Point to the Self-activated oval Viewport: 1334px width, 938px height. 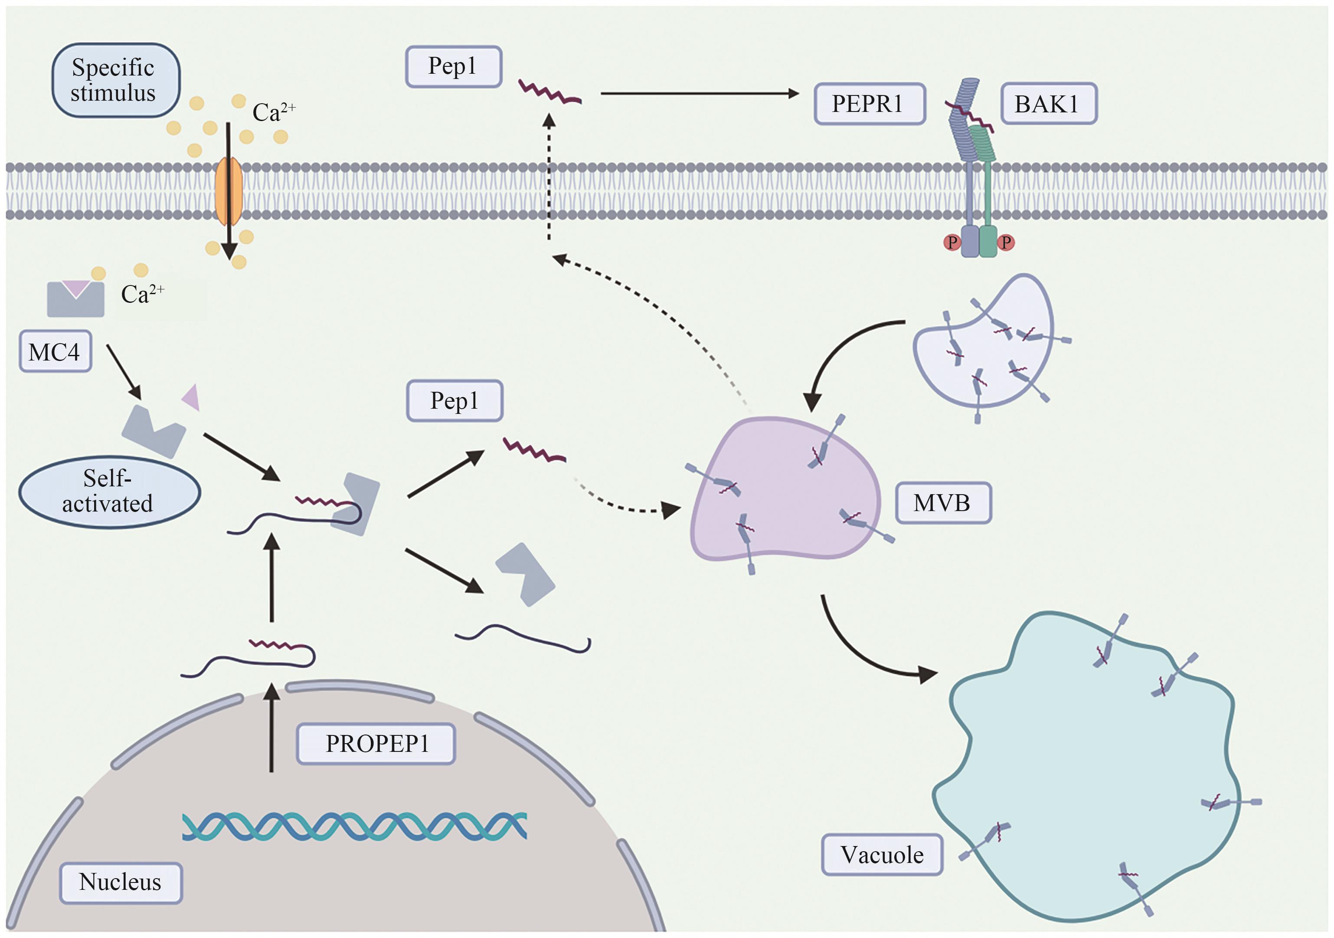pyautogui.click(x=109, y=492)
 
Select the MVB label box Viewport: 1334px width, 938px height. pyautogui.click(x=942, y=503)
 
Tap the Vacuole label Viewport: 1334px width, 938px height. pyautogui.click(x=881, y=855)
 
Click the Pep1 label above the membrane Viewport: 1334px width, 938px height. pyautogui.click(x=453, y=67)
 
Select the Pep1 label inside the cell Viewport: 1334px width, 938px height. pyautogui.click(x=454, y=401)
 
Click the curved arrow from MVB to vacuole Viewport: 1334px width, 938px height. pyautogui.click(x=860, y=651)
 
